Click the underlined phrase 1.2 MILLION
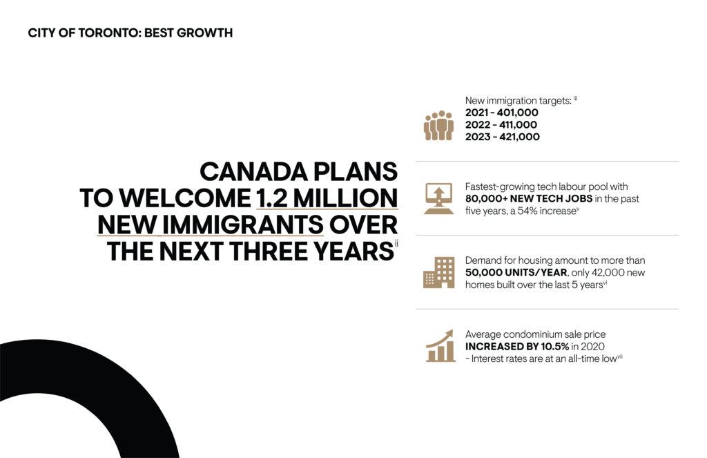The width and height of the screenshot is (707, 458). click(327, 198)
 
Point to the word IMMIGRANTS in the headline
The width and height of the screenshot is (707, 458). click(242, 225)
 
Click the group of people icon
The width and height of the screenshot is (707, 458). click(438, 126)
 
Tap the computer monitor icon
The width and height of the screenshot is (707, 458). click(438, 198)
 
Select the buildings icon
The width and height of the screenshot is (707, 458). click(438, 273)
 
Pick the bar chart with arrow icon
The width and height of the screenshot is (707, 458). click(440, 345)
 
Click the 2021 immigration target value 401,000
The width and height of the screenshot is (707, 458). click(518, 113)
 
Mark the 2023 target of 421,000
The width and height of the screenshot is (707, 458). click(519, 137)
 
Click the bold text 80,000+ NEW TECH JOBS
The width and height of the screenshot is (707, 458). click(529, 199)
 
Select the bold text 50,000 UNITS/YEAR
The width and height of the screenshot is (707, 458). click(516, 273)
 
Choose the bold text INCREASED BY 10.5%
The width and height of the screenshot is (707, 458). click(517, 347)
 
